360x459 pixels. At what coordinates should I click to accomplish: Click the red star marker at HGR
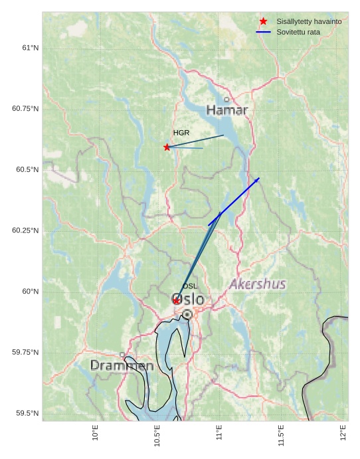pos(167,147)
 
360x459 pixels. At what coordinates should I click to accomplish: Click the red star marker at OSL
pos(176,301)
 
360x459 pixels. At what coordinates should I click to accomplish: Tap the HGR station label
pos(181,133)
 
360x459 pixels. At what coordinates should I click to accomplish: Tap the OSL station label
pos(190,286)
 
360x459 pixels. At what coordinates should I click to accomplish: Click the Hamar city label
pos(226,110)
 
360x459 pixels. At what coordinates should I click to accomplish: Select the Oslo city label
pos(188,300)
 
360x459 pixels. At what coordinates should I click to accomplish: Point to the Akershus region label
pos(258,284)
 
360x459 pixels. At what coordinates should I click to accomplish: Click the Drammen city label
pos(122,366)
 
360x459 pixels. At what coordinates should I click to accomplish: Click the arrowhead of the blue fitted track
pos(258,179)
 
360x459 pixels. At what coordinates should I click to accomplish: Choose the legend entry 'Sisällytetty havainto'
pos(309,21)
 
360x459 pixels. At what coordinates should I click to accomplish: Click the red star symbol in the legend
pos(264,21)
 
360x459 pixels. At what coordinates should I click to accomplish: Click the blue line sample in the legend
pos(264,32)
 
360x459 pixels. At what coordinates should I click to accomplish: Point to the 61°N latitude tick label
pos(30,48)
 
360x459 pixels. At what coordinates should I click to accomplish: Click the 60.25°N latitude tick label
pos(26,230)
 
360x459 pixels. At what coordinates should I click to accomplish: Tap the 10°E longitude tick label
pos(96,432)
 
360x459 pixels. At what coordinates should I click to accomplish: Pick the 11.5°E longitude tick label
pos(281,432)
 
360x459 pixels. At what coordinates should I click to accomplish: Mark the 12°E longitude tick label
pos(343,432)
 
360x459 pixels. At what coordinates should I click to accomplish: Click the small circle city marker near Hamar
pos(226,100)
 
